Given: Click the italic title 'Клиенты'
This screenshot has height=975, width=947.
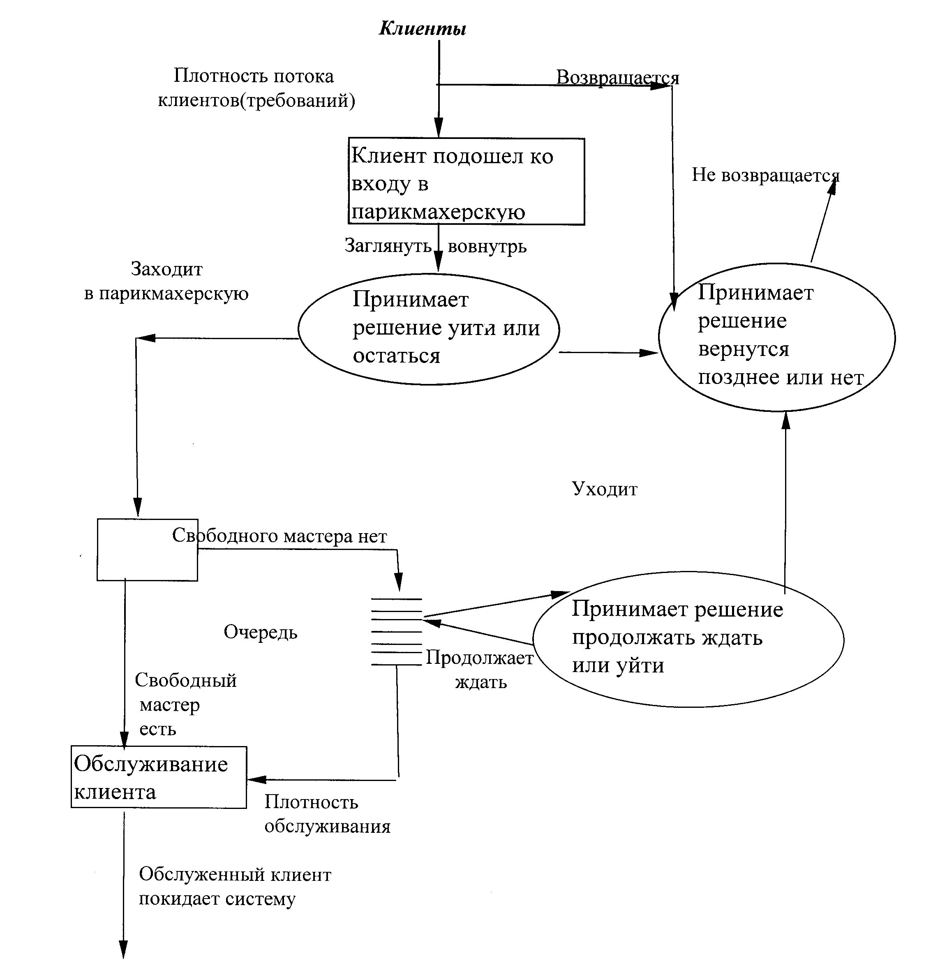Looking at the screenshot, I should click(x=422, y=28).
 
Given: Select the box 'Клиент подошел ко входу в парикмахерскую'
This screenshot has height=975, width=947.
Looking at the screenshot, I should click(x=466, y=182).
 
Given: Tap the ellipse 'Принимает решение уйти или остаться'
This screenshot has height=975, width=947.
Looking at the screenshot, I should click(x=429, y=329).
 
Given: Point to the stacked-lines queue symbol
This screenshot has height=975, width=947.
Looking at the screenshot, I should click(x=396, y=631).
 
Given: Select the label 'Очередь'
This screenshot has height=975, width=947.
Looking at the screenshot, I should click(x=260, y=632).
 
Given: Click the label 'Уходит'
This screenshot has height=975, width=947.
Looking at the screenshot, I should click(x=604, y=489).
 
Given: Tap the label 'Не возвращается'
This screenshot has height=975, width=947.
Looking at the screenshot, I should click(x=765, y=175).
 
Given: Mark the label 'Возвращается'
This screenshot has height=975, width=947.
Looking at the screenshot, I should click(x=617, y=78).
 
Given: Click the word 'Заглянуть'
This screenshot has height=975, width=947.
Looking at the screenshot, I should click(x=388, y=245).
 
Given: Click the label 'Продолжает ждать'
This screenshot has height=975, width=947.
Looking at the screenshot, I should click(x=480, y=670).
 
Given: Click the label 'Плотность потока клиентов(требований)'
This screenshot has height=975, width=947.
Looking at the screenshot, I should click(x=256, y=88).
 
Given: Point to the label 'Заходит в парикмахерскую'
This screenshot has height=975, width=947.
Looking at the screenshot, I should click(x=166, y=281).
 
